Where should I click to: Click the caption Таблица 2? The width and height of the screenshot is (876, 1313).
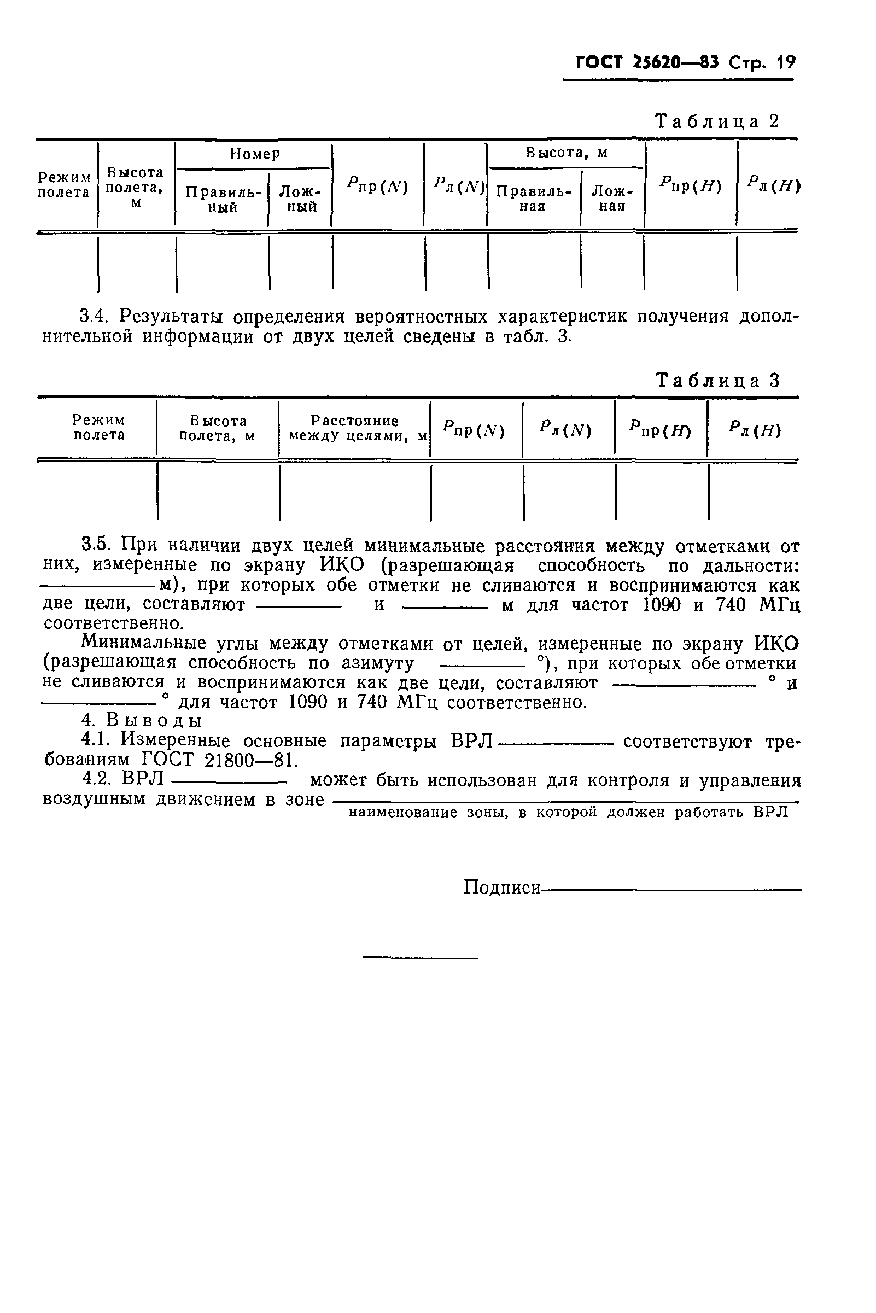(x=717, y=121)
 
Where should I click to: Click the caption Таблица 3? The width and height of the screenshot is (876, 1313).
(x=718, y=381)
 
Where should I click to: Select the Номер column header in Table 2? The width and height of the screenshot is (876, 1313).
(x=255, y=154)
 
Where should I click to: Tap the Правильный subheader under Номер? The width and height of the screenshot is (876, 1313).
(x=223, y=200)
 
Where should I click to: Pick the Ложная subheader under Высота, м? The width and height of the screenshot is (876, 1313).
(x=612, y=199)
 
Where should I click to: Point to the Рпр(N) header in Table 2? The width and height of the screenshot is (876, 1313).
(x=377, y=185)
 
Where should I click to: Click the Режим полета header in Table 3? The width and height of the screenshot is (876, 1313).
(x=99, y=428)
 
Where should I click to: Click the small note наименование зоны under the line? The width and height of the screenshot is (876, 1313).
(x=568, y=813)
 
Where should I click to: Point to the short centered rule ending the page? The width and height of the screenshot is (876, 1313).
(x=420, y=958)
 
